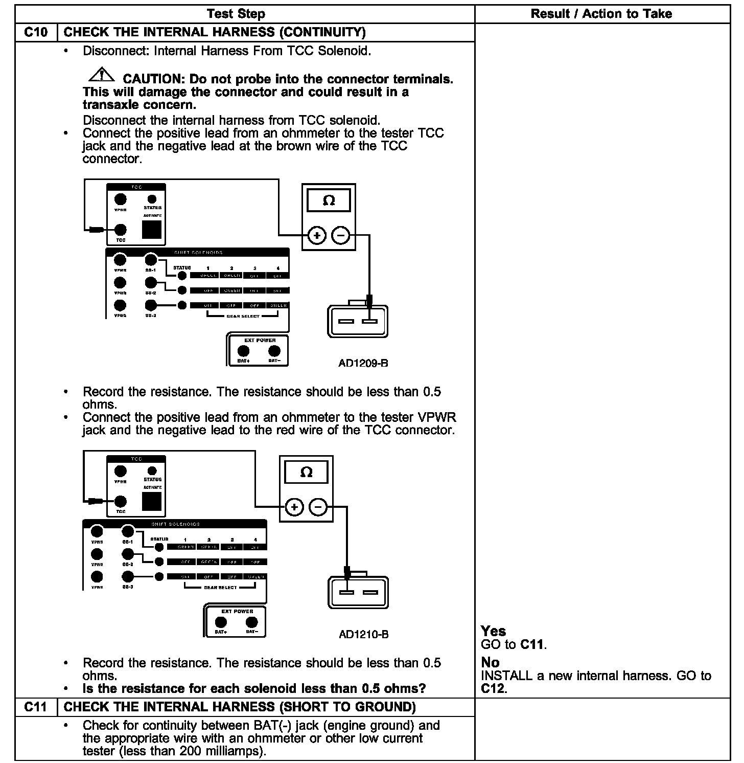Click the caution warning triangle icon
102,75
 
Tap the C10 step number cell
36,32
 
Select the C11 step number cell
36,707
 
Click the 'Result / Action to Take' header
601,14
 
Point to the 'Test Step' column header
236,14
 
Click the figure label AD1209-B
363,363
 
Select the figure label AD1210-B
363,634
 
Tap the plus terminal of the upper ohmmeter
317,236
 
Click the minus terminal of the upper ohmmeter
341,236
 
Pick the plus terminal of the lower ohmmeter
294,507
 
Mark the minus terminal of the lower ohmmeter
318,507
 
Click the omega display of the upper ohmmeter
329,200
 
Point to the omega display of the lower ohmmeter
306,472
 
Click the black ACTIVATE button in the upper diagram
152,230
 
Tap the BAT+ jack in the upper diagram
244,351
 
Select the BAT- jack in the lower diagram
251,622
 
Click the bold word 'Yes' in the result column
493,631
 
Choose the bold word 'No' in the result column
490,663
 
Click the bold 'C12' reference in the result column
493,688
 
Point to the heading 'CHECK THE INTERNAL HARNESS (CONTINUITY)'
215,32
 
